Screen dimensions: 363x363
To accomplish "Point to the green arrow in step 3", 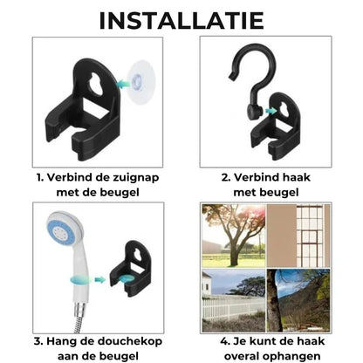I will coord(99,281).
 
